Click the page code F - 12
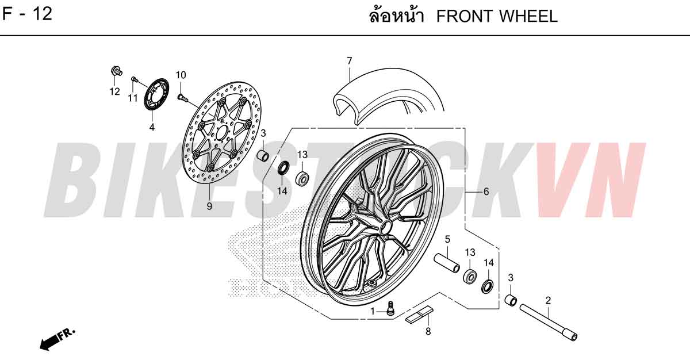point(27,14)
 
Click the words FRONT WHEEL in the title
point(497,16)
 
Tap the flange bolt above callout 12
point(116,71)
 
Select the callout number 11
point(133,98)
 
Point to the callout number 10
point(181,75)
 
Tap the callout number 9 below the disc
point(209,206)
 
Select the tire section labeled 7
point(388,93)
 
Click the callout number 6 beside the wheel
point(486,192)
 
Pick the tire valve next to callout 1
point(390,308)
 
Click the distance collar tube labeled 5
point(447,263)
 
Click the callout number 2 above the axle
point(548,300)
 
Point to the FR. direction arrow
point(57,339)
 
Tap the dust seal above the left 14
point(283,167)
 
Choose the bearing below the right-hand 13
point(470,275)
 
